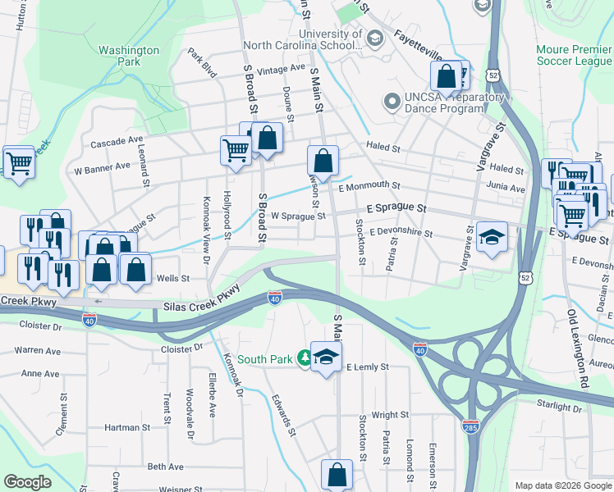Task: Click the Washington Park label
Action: (129, 56)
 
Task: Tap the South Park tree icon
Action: (305, 358)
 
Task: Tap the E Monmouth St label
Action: (369, 186)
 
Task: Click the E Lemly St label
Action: (366, 367)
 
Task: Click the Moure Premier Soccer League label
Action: (574, 55)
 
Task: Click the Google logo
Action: (27, 482)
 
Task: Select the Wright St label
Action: (389, 416)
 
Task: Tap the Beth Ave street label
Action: (165, 467)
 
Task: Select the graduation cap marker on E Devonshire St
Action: (493, 237)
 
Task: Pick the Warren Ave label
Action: (38, 351)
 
